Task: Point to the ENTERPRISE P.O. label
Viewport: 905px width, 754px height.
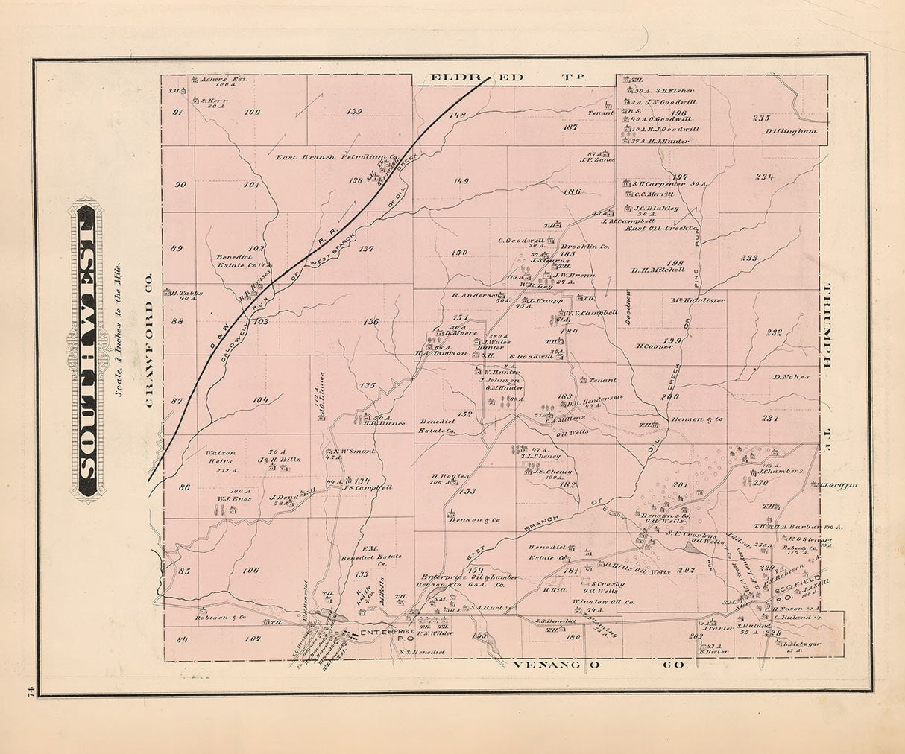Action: pos(386,635)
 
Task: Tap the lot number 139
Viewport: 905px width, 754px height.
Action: pos(354,112)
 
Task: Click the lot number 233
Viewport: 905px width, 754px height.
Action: pos(748,258)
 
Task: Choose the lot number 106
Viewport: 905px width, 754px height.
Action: pos(250,571)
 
